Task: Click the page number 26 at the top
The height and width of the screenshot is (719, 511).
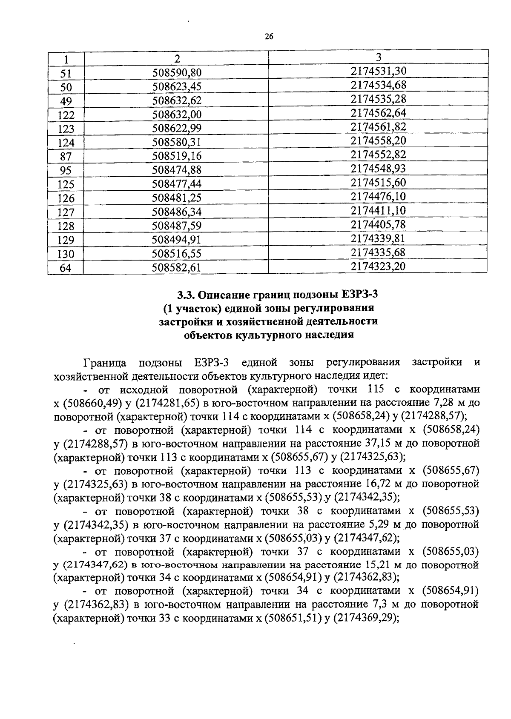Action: point(269,36)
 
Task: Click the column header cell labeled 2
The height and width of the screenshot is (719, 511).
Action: point(177,58)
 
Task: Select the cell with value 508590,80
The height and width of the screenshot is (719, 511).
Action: point(177,73)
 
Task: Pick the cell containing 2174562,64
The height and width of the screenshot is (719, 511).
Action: point(379,113)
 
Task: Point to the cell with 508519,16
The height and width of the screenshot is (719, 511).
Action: point(177,156)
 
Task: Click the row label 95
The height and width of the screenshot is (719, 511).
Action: point(66,171)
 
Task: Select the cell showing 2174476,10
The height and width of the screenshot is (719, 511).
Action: point(379,196)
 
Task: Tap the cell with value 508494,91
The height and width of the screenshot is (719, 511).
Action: point(177,240)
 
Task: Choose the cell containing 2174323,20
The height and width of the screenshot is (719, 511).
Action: point(379,266)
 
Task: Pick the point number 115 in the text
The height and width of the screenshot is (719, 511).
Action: point(375,389)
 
